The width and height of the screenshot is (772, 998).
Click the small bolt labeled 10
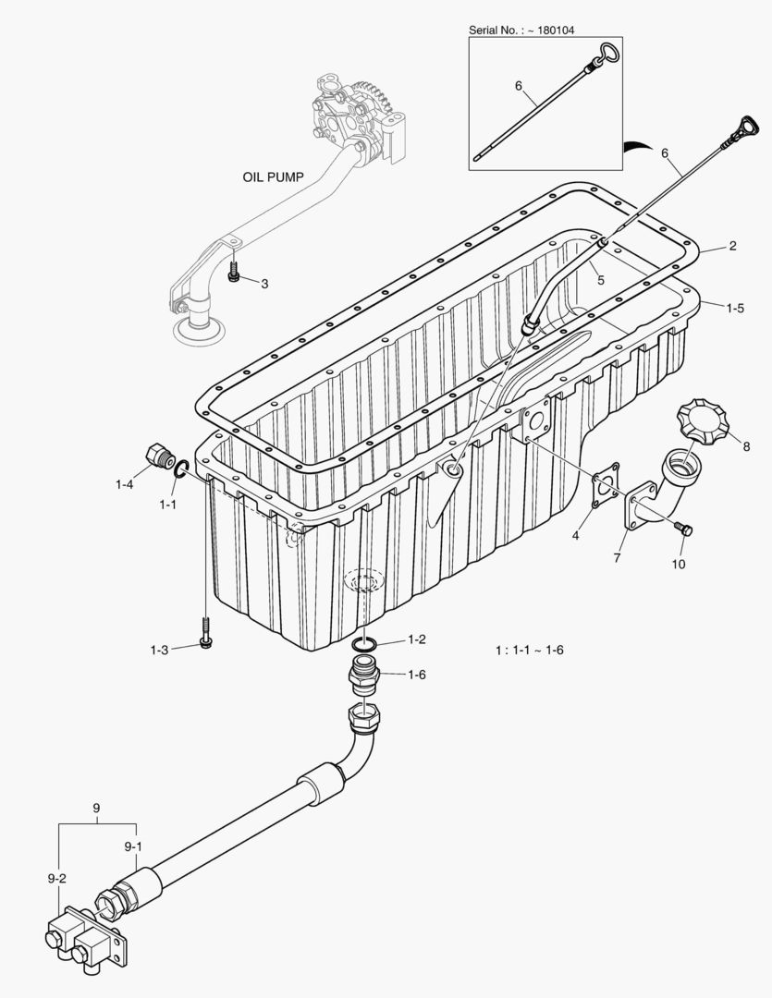point(684,529)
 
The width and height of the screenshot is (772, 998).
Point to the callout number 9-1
point(133,846)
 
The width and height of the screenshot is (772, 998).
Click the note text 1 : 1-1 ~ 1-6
point(529,651)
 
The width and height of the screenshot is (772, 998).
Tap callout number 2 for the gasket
point(732,246)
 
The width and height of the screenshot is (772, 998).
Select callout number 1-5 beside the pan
point(734,309)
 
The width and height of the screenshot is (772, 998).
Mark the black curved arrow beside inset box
point(637,145)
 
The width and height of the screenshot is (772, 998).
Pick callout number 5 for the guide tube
point(600,280)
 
